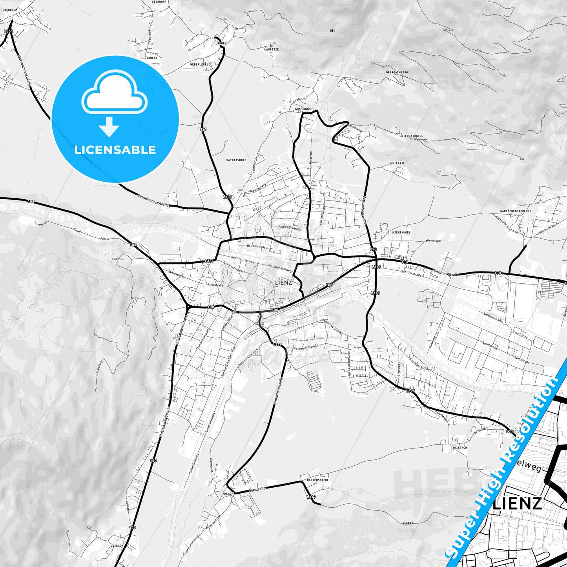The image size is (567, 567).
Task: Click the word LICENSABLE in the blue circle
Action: click(x=115, y=150)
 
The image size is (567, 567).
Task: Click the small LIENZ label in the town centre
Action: click(x=283, y=282)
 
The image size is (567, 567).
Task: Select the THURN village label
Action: click(x=222, y=44)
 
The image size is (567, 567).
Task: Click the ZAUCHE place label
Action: click(x=152, y=58)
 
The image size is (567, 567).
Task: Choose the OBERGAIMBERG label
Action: click(x=397, y=73)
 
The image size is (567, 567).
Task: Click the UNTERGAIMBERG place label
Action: click(x=411, y=136)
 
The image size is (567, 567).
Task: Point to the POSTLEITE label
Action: click(x=396, y=162)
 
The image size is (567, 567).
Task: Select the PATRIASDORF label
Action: click(x=236, y=160)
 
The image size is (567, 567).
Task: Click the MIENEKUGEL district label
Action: click(x=401, y=232)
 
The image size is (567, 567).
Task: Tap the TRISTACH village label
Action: click(x=460, y=447)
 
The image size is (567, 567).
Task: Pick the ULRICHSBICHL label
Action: click(x=318, y=480)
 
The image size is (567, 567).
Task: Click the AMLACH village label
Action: click(x=228, y=493)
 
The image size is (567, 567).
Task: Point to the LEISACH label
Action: click(x=117, y=545)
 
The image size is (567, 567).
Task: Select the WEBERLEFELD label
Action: click(x=200, y=64)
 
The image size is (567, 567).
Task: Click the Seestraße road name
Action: click(x=257, y=489)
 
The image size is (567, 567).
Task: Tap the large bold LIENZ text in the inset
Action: click(x=517, y=503)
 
